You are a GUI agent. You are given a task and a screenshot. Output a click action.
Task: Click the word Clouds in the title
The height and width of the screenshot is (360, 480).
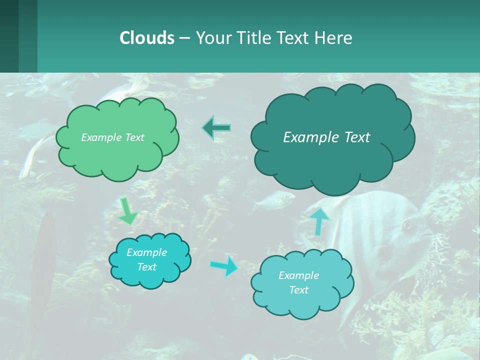pos(147,38)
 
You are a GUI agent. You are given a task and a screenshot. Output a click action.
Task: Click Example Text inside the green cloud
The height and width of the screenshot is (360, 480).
pos(112,137)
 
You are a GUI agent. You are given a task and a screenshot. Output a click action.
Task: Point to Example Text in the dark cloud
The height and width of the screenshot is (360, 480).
pos(326,137)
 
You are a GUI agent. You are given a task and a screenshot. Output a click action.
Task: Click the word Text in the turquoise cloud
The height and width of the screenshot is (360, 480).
pos(146,267)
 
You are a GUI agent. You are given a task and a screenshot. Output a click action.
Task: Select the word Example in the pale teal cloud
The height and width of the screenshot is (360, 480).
pos(298,275)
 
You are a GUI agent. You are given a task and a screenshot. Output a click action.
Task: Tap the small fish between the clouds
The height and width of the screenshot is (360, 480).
pos(272,200)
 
